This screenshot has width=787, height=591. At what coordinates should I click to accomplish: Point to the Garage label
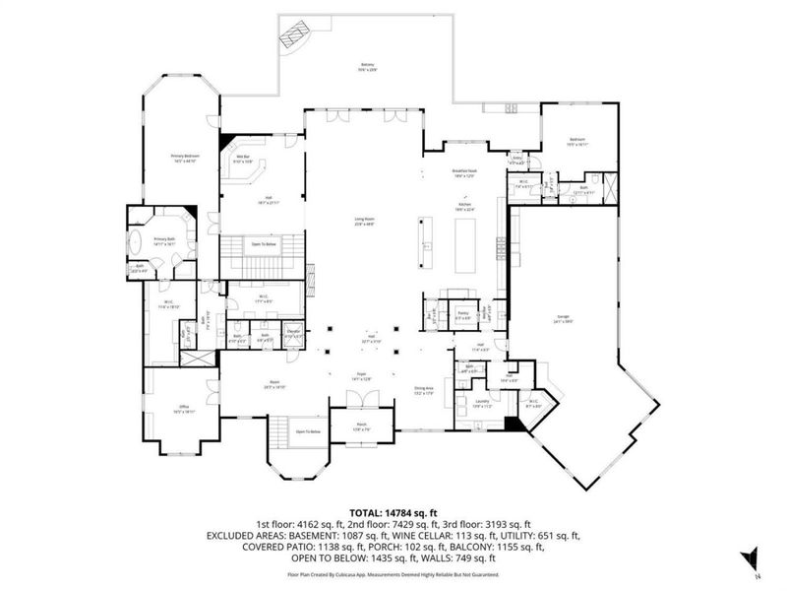tap(563, 317)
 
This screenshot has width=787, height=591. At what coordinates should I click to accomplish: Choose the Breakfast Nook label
tap(464, 172)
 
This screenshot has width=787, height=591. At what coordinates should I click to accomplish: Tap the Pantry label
tap(462, 314)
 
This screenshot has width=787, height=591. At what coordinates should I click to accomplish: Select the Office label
tap(183, 407)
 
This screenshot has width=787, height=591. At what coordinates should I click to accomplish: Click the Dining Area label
tap(424, 391)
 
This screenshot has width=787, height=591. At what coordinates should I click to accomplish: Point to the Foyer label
tap(360, 377)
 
